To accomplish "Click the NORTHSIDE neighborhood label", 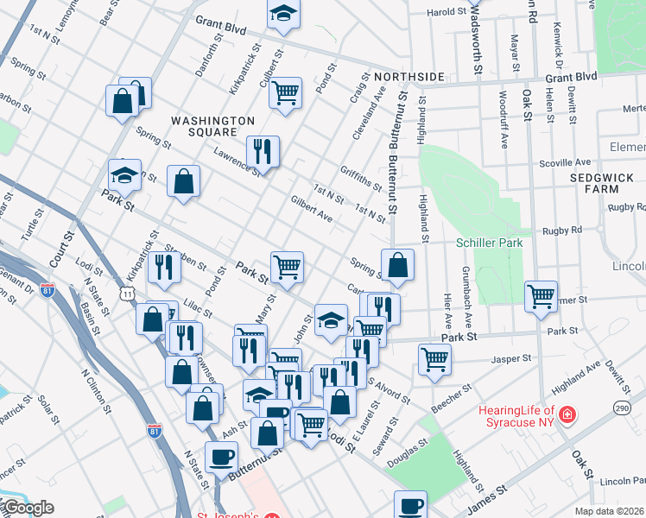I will (x=384, y=74).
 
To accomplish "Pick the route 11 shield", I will (x=128, y=294).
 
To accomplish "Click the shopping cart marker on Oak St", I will (x=541, y=296).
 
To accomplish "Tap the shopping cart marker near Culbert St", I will (x=285, y=92).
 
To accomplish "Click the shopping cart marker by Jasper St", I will (x=434, y=358).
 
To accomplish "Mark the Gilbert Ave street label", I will (x=312, y=207).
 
